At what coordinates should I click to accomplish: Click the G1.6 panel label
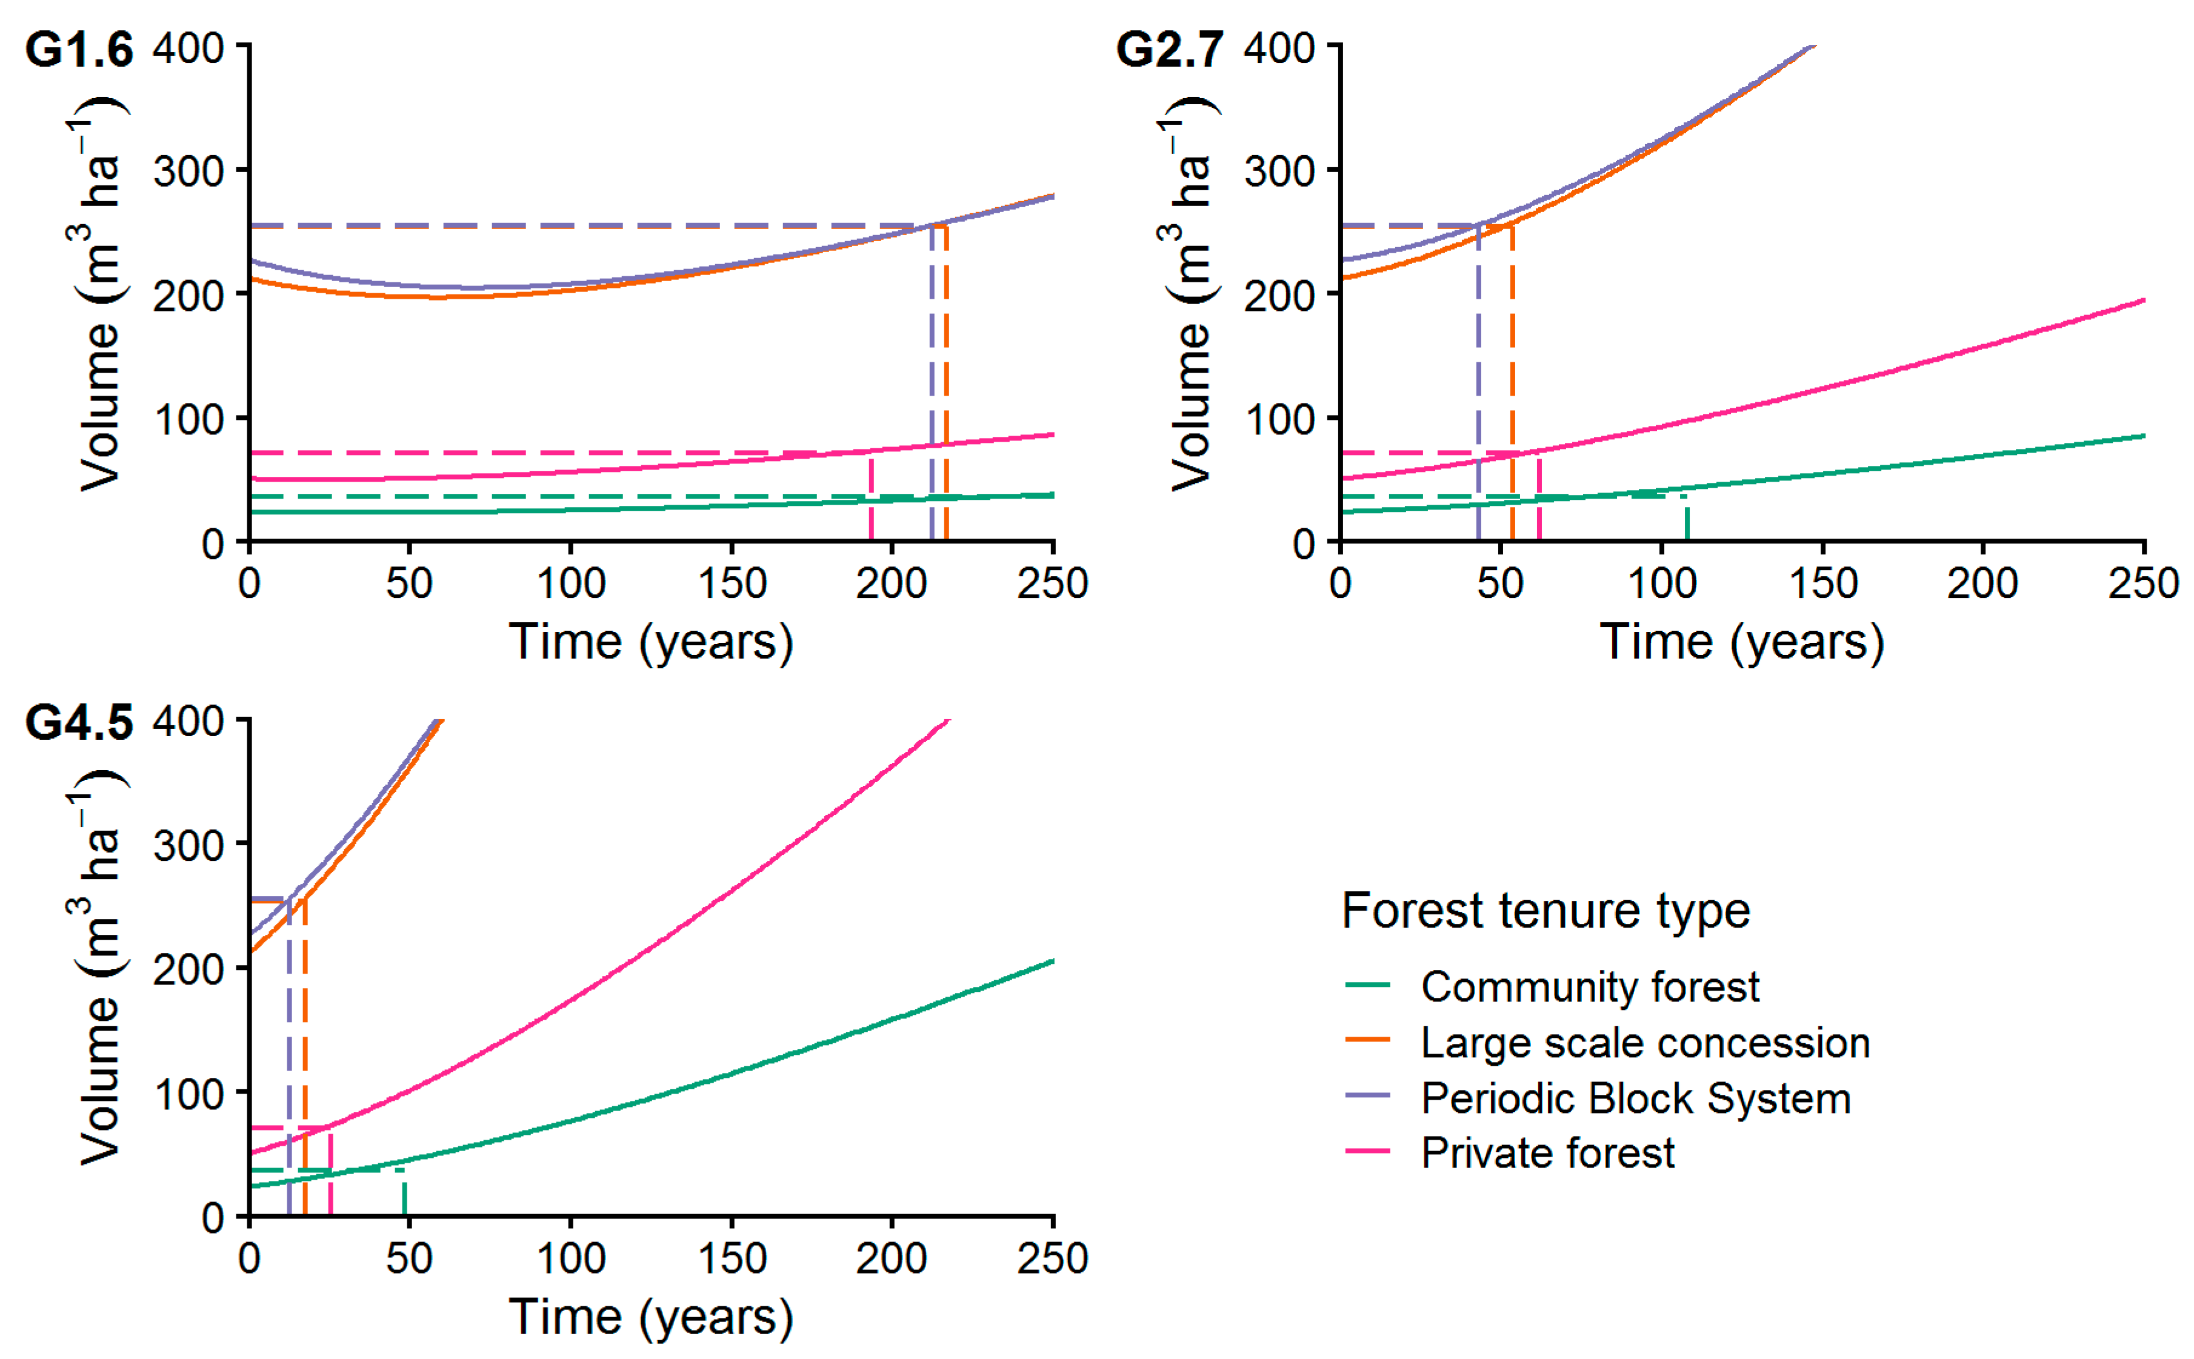(x=79, y=50)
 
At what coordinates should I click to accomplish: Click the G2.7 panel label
(x=1169, y=50)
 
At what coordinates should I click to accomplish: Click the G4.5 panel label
(x=79, y=723)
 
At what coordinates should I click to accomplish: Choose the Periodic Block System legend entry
(x=1635, y=1098)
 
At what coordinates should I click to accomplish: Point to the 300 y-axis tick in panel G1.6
(x=188, y=171)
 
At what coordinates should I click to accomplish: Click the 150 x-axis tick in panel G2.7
(x=1822, y=584)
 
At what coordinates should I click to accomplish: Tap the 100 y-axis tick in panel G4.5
(x=188, y=1094)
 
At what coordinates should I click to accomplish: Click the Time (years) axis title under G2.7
(x=1741, y=643)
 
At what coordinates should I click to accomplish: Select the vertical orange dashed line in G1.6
(x=947, y=387)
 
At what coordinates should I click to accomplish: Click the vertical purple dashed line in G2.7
(x=1478, y=387)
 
